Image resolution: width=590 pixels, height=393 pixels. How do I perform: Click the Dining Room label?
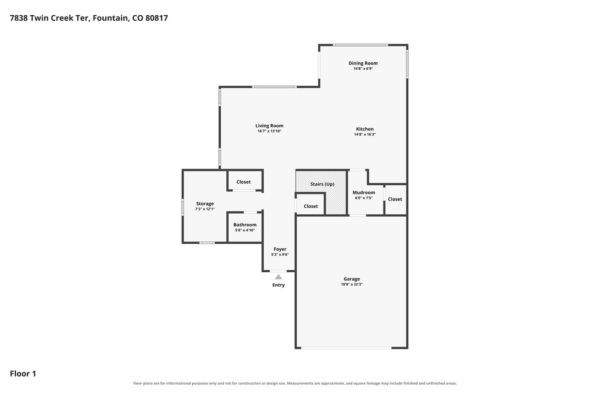coord(363,63)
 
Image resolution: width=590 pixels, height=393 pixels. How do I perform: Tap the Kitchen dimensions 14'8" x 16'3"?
coord(365,135)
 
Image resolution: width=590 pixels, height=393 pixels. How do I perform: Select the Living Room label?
coord(269,126)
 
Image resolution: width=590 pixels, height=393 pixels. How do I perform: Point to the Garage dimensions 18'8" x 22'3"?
coord(352,284)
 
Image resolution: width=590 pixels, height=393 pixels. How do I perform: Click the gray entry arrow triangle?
coord(278,277)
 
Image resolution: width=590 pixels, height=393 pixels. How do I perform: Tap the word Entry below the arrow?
coord(278,285)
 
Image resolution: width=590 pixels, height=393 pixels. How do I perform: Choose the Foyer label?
coord(280,249)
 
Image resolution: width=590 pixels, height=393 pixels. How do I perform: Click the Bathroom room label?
coord(245,225)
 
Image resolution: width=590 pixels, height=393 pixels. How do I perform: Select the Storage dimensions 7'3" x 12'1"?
coord(205,209)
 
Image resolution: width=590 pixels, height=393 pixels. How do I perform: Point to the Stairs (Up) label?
coord(322,184)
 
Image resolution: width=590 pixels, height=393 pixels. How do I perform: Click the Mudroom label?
coord(364,193)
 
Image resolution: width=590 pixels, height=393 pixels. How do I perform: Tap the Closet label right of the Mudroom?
coord(395,199)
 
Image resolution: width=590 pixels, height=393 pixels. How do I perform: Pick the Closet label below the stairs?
coord(311,206)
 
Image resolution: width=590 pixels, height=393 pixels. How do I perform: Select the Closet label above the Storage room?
coord(243,182)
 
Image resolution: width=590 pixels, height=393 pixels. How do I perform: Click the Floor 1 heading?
coord(23,374)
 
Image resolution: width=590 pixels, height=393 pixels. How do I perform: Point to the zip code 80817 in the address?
coord(156,18)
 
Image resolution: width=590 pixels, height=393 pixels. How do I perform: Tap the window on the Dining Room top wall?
coord(360,45)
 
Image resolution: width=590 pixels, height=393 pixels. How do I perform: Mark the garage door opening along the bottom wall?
coord(346,348)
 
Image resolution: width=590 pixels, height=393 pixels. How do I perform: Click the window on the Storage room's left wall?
coord(183,207)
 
